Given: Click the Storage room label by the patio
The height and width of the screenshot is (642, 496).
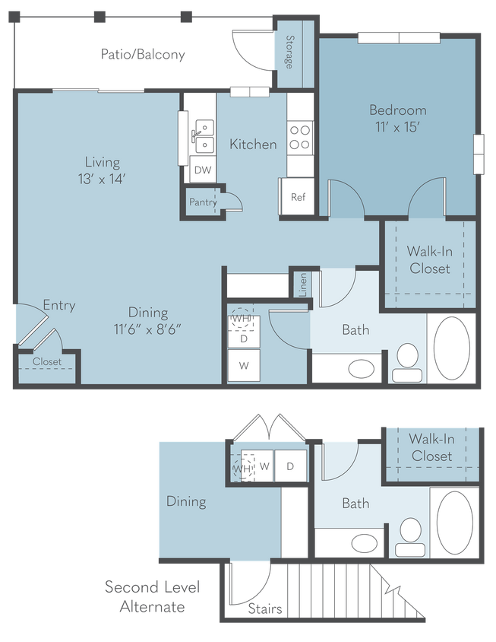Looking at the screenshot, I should [289, 52].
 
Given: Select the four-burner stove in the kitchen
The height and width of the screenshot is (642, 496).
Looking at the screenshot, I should [299, 136].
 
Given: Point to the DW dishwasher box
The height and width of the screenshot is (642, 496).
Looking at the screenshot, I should [202, 170].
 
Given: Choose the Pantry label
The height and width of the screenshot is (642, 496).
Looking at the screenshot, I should [204, 202].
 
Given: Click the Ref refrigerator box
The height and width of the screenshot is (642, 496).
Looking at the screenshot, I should [298, 197].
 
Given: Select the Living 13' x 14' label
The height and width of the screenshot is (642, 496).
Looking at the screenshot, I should [103, 170].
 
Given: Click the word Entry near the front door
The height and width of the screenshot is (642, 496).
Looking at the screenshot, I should [58, 306].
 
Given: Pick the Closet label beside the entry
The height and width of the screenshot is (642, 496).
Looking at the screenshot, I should [47, 362].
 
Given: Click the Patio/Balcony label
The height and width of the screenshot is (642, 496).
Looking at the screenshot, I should [144, 55].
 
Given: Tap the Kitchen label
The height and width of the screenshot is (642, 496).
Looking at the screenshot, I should [253, 144].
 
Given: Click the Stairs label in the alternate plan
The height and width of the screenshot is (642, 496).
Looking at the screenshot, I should [265, 609].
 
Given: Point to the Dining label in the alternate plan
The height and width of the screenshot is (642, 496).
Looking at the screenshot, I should [186, 501].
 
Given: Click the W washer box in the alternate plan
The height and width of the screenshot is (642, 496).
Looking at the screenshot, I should [265, 466].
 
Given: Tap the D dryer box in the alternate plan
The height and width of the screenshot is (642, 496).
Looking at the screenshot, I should [291, 466].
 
